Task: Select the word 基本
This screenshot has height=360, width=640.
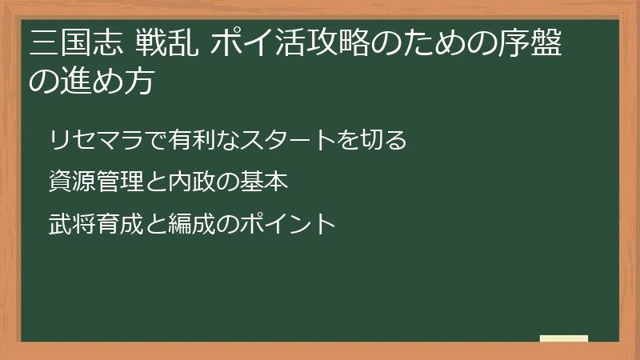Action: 263,182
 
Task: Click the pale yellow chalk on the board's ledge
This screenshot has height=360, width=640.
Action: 564,338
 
